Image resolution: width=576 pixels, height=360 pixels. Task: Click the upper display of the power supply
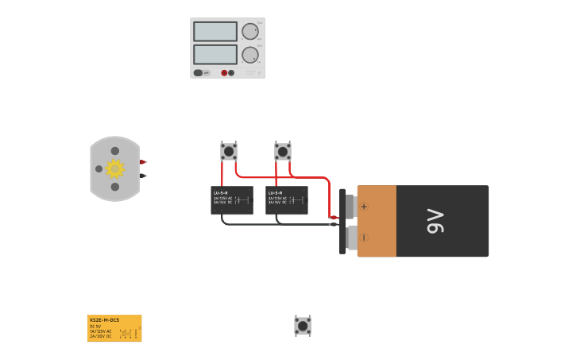click(x=215, y=32)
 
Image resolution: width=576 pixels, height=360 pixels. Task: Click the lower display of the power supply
click(x=215, y=55)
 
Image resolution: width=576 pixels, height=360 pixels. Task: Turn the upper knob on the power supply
click(x=249, y=32)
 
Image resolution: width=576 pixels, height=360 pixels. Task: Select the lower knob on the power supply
click(x=249, y=55)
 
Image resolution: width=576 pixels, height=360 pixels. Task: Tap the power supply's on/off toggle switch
click(x=198, y=72)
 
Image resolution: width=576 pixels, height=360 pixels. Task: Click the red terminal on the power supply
click(x=224, y=73)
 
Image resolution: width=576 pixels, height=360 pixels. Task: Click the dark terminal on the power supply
click(x=231, y=73)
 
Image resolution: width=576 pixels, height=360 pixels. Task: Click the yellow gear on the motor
click(x=115, y=168)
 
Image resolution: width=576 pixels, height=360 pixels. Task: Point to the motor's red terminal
click(x=143, y=162)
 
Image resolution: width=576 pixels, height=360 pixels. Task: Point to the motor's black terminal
click(x=143, y=175)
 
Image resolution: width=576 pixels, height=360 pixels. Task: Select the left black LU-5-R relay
click(x=232, y=200)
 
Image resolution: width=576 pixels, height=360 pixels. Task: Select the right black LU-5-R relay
click(x=287, y=200)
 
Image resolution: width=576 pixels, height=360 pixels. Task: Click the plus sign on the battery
click(x=364, y=207)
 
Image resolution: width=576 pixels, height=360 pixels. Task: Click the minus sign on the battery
click(x=364, y=237)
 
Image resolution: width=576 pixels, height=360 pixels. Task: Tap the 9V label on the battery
click(x=435, y=221)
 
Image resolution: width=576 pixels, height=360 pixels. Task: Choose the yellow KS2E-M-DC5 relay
click(x=114, y=328)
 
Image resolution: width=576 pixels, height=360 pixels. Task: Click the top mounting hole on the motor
click(x=115, y=151)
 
